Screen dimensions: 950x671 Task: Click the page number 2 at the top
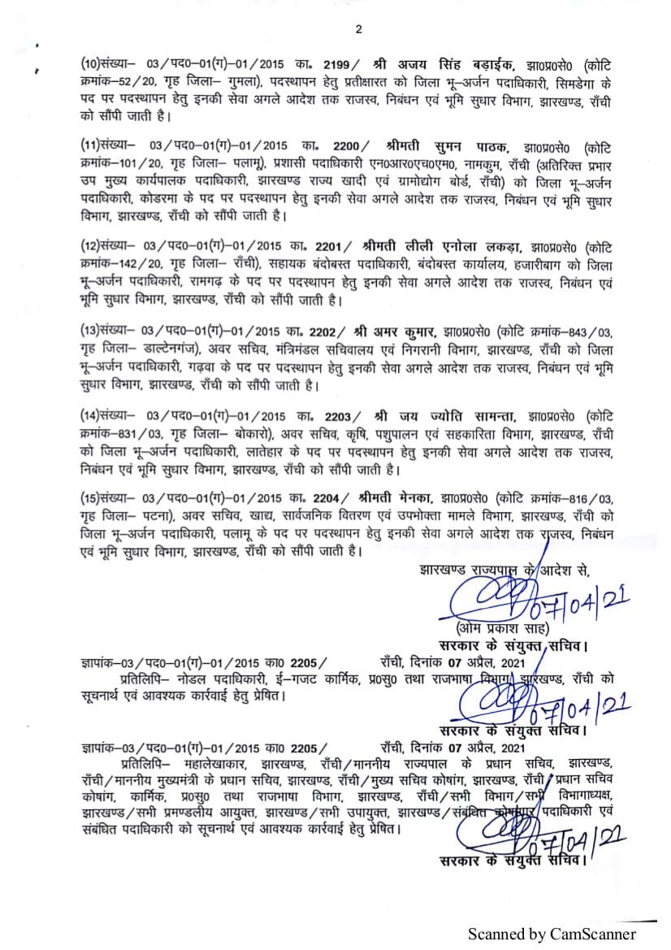click(x=358, y=30)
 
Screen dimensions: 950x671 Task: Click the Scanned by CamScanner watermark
click(x=549, y=933)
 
